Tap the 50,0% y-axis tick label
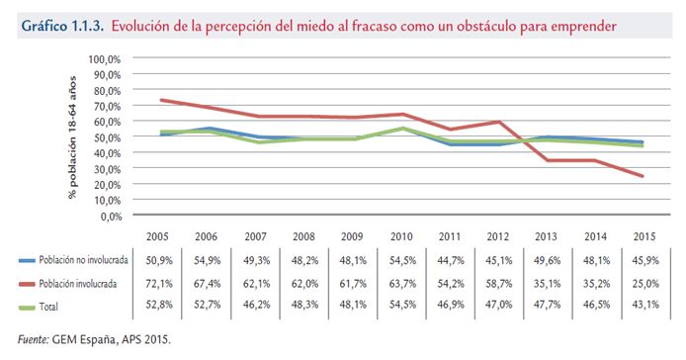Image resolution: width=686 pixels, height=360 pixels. [106, 136]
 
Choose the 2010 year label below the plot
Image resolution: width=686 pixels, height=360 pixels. [402, 237]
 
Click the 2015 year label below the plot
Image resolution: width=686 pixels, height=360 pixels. [643, 237]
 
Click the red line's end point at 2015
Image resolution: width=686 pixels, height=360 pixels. [643, 176]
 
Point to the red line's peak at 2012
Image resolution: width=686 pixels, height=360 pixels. [499, 123]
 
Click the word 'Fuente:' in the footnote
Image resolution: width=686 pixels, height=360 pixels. [35, 339]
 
